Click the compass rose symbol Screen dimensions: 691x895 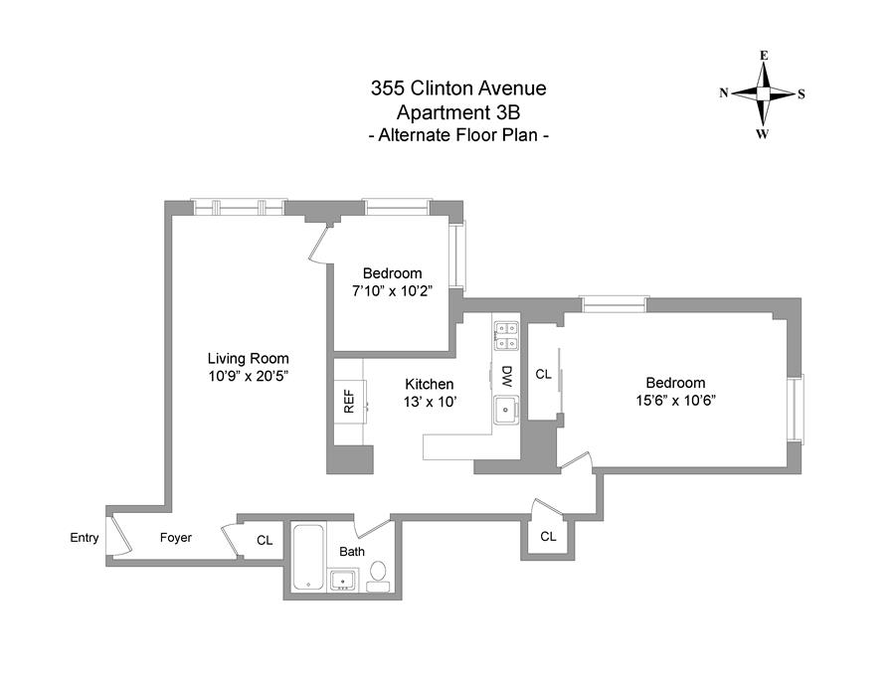point(763,93)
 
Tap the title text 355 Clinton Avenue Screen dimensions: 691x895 point(458,88)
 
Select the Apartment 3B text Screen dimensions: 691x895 point(458,111)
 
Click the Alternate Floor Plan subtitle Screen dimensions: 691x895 point(458,134)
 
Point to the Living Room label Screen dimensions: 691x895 point(248,359)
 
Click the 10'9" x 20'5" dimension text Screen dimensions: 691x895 point(248,376)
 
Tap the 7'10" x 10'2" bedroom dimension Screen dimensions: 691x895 point(392,290)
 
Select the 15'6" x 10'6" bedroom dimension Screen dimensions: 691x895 point(675,400)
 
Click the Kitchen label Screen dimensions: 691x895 point(430,384)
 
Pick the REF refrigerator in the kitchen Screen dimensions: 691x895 point(349,401)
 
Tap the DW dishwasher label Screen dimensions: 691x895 point(506,376)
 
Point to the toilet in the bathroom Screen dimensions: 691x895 point(379,574)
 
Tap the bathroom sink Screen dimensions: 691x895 point(343,579)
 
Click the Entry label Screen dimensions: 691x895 point(85,538)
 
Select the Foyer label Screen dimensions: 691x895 point(176,538)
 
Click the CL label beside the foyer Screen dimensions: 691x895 point(265,541)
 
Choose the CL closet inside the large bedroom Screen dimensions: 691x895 point(544,375)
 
